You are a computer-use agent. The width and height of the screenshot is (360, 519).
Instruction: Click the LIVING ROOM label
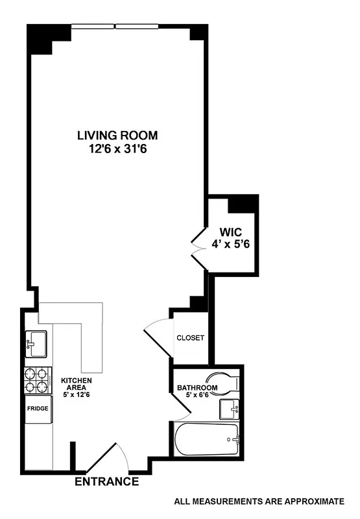[x=117, y=136]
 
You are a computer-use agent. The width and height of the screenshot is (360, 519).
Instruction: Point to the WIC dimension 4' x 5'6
[x=230, y=245]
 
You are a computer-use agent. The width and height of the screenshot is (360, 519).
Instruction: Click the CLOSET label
[x=190, y=338]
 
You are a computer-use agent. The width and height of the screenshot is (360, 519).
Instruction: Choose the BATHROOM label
[x=197, y=389]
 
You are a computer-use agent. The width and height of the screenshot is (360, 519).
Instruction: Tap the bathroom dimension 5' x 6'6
[x=197, y=396]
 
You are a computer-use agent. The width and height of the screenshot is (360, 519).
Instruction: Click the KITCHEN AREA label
[x=77, y=384]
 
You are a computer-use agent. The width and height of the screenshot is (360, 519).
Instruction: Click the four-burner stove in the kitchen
[x=38, y=381]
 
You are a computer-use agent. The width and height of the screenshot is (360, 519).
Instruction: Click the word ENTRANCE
[x=107, y=482]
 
